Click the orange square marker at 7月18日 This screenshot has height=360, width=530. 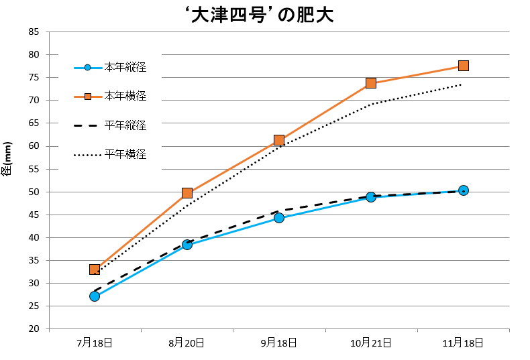(95, 269)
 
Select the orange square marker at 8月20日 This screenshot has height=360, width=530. (187, 193)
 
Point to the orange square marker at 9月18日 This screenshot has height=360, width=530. (279, 140)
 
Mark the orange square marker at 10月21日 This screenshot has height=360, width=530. (371, 83)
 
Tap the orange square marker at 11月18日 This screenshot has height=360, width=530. (464, 66)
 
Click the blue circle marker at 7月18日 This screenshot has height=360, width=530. (95, 296)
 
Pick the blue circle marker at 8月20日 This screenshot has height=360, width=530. (187, 245)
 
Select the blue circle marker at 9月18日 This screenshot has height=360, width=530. (279, 218)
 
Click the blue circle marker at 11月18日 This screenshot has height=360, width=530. (464, 190)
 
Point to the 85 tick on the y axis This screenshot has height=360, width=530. (34, 32)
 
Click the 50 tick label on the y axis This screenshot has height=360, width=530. (34, 192)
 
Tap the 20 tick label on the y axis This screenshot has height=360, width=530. (34, 329)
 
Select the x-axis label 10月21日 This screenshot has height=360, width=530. (371, 343)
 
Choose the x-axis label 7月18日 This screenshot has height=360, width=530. (95, 343)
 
